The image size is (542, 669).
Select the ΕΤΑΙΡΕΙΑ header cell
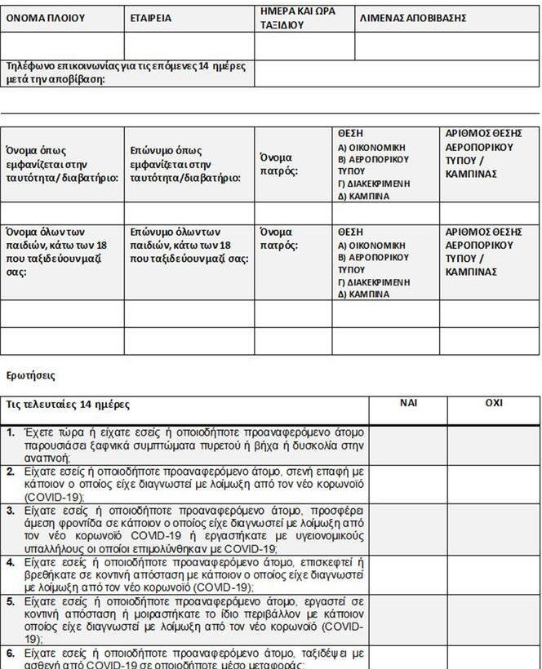(151, 18)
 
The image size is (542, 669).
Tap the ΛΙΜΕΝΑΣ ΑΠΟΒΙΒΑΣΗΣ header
(412, 18)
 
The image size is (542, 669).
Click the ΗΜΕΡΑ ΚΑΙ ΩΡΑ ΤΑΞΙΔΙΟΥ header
(297, 18)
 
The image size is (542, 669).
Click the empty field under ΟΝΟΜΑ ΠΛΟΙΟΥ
(62, 46)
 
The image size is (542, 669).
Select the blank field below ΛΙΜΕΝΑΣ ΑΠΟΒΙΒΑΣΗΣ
(446, 46)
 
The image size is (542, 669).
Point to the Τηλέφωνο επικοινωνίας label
(127, 72)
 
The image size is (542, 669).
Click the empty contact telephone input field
(397, 73)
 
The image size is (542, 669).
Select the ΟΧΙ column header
(494, 403)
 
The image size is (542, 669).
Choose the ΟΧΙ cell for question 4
(494, 574)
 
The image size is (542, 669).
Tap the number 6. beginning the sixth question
(11, 653)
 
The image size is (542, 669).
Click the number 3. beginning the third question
(11, 510)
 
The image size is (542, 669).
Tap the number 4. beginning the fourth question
(11, 562)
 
